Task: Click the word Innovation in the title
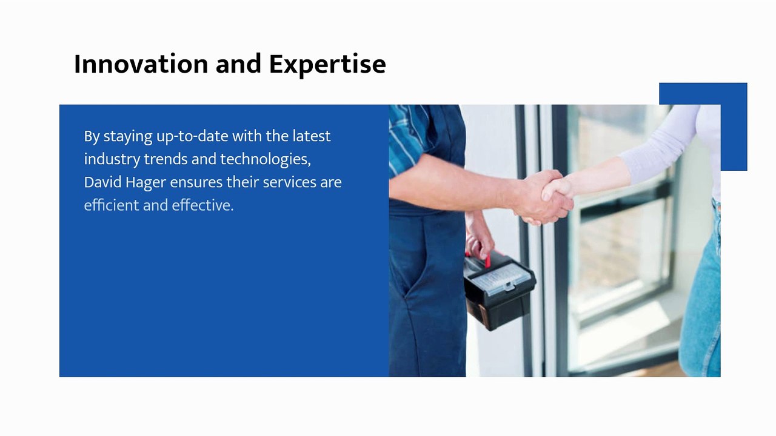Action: (x=141, y=64)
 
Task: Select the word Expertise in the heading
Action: (x=327, y=65)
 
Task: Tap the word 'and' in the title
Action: (x=238, y=64)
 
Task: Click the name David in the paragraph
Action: (x=102, y=182)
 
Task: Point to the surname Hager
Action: (x=145, y=183)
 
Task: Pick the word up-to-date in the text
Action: (x=192, y=136)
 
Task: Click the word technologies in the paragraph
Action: (x=266, y=159)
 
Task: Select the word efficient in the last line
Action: (x=112, y=205)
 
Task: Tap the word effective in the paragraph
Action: (x=202, y=205)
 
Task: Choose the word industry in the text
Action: (x=112, y=159)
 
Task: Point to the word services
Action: (x=290, y=182)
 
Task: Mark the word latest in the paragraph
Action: (x=312, y=136)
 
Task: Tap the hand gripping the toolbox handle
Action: (x=479, y=239)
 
